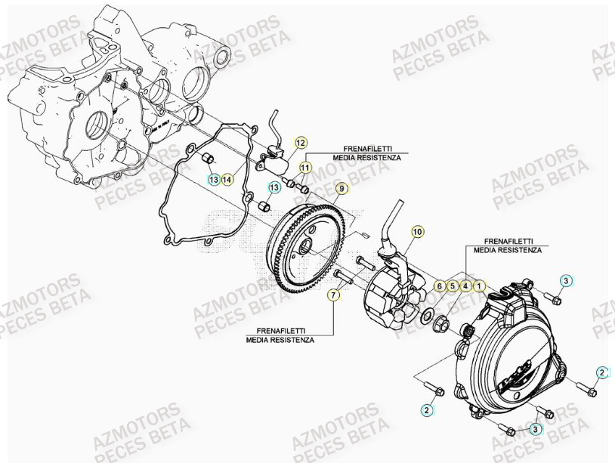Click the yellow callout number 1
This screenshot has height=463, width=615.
coord(479,286)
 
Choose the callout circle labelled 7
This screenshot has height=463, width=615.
coord(333,295)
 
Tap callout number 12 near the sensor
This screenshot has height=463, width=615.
coord(300,142)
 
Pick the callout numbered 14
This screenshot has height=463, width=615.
coord(227,179)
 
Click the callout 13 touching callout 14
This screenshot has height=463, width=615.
coord(215,179)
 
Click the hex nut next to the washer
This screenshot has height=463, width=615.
coord(443,326)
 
